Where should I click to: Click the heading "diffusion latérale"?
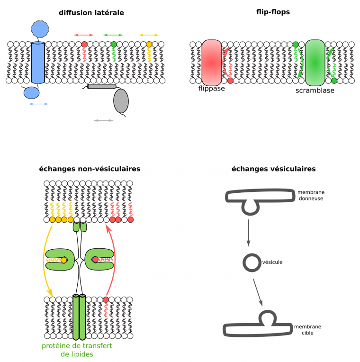[x=91, y=13]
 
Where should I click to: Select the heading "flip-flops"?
[x=273, y=12]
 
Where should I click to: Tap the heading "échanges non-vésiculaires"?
[x=90, y=169]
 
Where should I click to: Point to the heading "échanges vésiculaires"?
[x=273, y=169]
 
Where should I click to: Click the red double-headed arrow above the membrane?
[x=84, y=35]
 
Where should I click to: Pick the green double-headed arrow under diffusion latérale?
[x=113, y=35]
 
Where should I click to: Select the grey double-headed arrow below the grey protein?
[x=104, y=121]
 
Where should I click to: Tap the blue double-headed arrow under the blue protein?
[x=38, y=104]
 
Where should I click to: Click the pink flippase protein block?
[x=212, y=62]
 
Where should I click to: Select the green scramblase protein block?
[x=315, y=62]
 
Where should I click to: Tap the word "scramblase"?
[x=315, y=90]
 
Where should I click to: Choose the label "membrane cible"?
[x=307, y=330]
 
